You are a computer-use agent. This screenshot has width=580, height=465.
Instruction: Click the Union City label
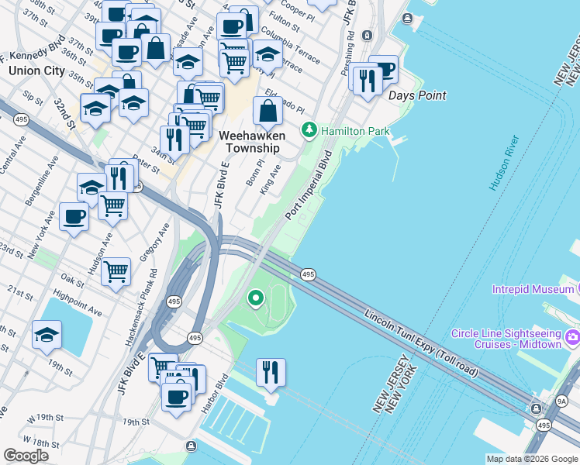(x=37, y=71)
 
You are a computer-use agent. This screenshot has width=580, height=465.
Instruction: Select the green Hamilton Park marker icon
(x=309, y=130)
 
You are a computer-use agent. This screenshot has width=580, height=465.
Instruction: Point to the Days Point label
(x=417, y=95)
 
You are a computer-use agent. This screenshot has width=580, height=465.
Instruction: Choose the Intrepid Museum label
(x=531, y=289)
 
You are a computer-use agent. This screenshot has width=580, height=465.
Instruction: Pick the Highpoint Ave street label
(x=78, y=304)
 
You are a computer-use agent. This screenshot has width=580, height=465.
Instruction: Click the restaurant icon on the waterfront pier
(x=271, y=371)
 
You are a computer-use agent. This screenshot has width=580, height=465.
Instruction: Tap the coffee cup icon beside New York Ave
(x=74, y=215)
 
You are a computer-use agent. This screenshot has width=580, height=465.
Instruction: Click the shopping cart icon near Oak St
(x=116, y=271)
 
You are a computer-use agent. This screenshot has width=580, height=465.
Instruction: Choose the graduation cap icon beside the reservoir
(x=47, y=335)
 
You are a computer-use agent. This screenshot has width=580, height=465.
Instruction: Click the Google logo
(x=26, y=455)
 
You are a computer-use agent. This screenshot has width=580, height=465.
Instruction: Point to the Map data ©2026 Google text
(x=532, y=459)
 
